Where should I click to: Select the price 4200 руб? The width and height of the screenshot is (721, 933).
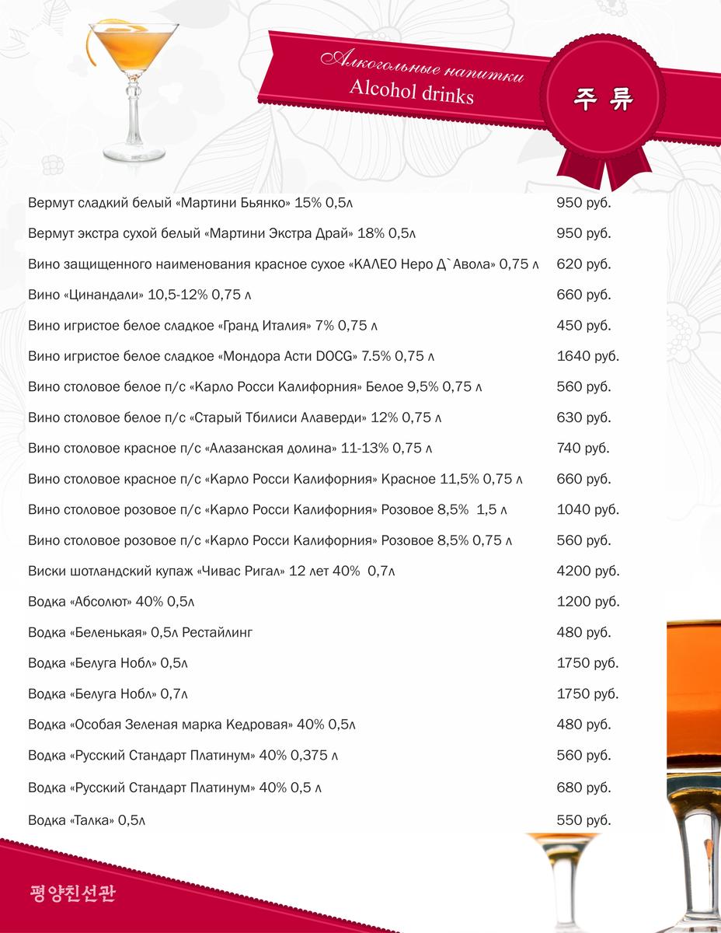pyautogui.click(x=588, y=571)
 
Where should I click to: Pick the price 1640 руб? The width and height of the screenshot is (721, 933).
pyautogui.click(x=588, y=356)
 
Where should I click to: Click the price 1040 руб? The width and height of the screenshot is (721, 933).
pyautogui.click(x=588, y=510)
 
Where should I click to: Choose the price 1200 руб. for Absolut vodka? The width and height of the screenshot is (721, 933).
pyautogui.click(x=588, y=602)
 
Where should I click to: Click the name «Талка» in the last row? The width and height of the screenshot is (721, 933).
pyautogui.click(x=92, y=820)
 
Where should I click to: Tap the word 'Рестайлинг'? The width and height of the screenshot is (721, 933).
pyautogui.click(x=218, y=633)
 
